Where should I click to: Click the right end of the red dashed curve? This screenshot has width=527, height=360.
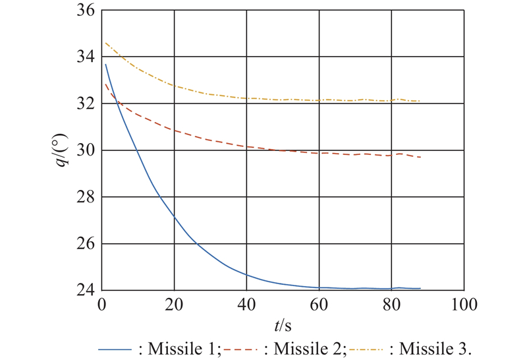[420, 157]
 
